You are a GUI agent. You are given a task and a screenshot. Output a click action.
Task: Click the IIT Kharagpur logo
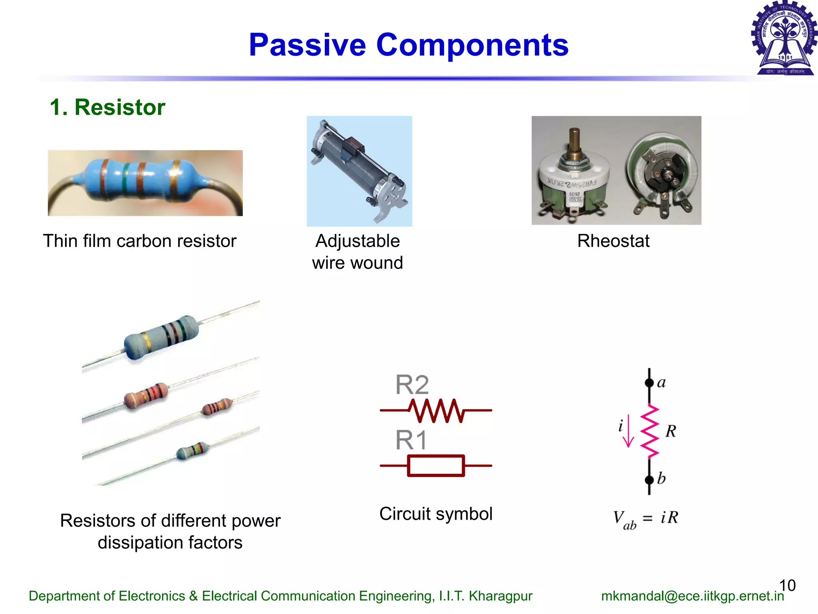(x=784, y=38)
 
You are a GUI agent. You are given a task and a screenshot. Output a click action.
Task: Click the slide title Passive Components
(x=408, y=45)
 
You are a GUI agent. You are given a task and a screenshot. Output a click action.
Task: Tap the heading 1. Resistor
(x=107, y=107)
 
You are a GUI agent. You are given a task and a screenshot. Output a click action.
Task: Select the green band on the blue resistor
(x=127, y=180)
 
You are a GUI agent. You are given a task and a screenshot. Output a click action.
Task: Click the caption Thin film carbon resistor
(x=139, y=241)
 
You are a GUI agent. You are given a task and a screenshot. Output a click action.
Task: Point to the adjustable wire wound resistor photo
(x=359, y=171)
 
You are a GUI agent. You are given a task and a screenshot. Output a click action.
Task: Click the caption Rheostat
(x=613, y=241)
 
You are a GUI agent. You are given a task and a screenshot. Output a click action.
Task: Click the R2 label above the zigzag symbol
(x=412, y=385)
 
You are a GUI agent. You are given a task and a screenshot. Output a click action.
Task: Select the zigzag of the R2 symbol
(x=436, y=411)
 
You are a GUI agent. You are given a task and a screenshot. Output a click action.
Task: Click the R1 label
(x=411, y=440)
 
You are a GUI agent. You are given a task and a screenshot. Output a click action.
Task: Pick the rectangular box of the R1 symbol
(x=436, y=466)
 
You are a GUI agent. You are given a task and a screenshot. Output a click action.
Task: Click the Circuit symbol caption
(x=436, y=514)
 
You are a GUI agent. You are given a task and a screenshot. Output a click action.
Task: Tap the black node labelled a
(x=649, y=383)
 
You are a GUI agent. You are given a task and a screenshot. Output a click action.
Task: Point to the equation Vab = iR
(x=645, y=518)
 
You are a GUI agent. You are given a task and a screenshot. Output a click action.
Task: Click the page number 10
(x=787, y=585)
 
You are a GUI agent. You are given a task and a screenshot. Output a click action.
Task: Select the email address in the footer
(x=692, y=596)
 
